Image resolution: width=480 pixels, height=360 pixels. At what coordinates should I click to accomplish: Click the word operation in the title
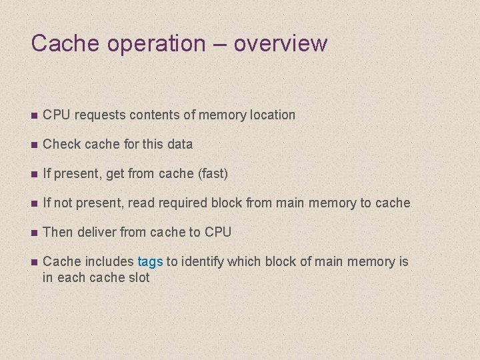click(147, 44)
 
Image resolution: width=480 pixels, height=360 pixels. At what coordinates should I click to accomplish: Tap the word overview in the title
click(281, 44)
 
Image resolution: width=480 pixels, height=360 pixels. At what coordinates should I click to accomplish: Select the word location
click(272, 115)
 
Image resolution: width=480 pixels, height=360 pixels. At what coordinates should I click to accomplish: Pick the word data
click(179, 144)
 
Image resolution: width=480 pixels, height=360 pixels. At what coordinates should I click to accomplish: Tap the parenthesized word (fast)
click(209, 174)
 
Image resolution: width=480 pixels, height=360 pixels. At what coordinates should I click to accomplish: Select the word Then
click(58, 232)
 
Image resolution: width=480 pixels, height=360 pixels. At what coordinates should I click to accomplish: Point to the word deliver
click(97, 232)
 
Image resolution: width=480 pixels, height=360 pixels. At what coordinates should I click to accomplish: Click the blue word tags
click(150, 261)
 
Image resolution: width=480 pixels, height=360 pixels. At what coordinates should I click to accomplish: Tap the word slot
click(138, 277)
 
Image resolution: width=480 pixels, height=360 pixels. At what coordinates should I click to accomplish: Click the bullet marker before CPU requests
click(34, 115)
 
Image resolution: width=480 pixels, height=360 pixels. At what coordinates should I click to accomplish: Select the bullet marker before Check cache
click(34, 145)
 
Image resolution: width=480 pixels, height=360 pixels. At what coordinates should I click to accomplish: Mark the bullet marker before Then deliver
click(34, 233)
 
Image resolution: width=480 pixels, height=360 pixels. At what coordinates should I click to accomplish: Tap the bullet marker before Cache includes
click(34, 262)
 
